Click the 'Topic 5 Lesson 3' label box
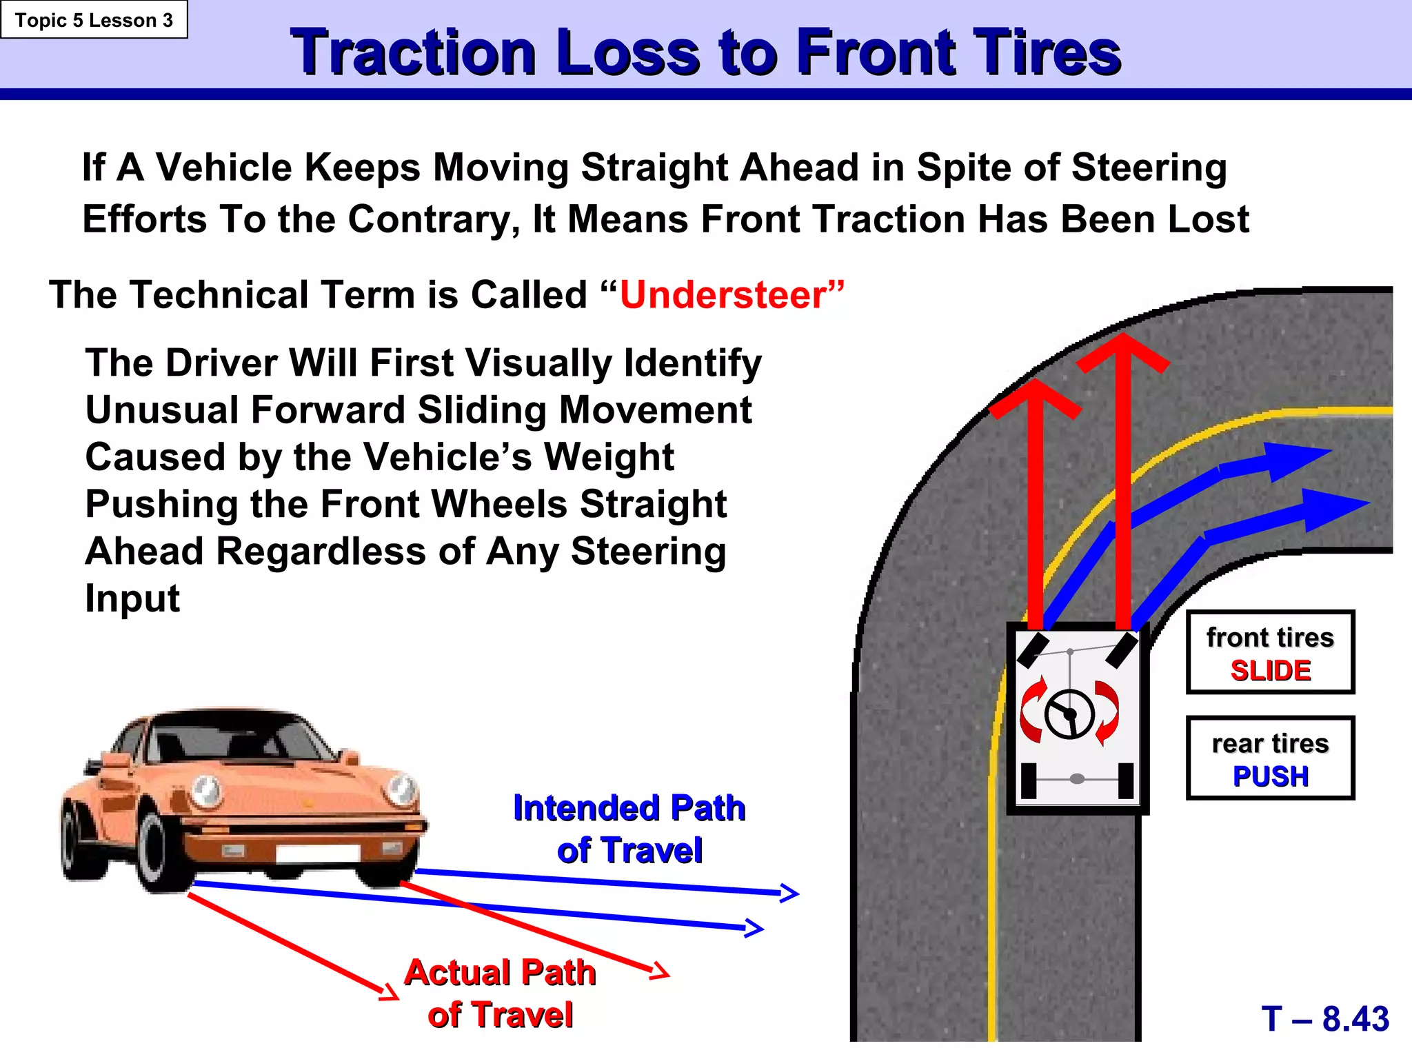tap(94, 20)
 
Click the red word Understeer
tap(723, 295)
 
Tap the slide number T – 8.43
tap(1325, 1018)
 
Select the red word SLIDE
tap(1271, 671)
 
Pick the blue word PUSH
tap(1271, 776)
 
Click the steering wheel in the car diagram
tap(1069, 714)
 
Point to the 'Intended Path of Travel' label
tap(629, 829)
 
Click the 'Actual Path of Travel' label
tap(501, 994)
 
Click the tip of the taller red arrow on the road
tap(1123, 339)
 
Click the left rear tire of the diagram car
tap(1028, 780)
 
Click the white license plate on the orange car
tap(316, 853)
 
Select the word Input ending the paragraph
tap(132, 598)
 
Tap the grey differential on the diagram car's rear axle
tap(1077, 779)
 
